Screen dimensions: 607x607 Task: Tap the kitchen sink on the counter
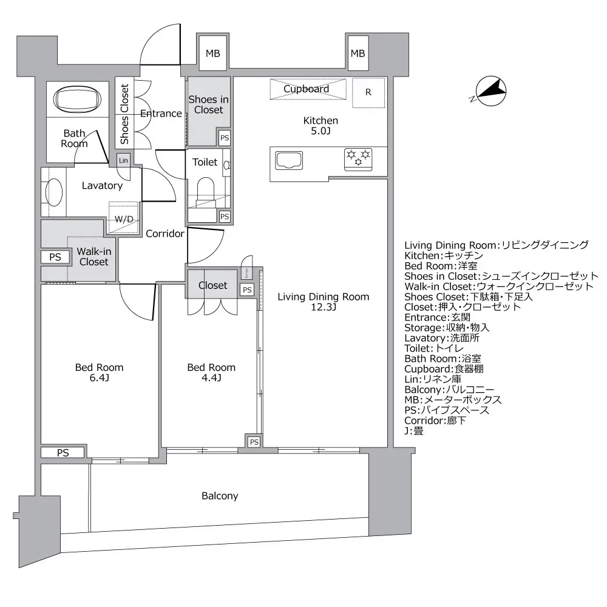click(293, 161)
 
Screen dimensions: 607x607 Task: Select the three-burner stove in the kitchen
click(358, 159)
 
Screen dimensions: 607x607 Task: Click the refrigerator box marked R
click(368, 93)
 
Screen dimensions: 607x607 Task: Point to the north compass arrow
click(492, 91)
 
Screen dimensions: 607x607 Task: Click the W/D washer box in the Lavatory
click(124, 218)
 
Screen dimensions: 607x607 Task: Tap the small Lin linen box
click(124, 160)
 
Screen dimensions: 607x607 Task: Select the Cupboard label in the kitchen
click(307, 89)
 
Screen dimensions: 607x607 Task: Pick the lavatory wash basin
click(55, 193)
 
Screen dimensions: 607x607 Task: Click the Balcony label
click(220, 496)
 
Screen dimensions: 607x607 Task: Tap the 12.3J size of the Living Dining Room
click(323, 308)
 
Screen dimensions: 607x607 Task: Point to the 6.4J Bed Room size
click(99, 378)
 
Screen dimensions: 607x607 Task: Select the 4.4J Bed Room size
click(211, 378)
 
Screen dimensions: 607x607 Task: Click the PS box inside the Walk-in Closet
click(55, 257)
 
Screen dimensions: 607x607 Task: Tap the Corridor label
click(164, 233)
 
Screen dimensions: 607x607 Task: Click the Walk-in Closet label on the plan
click(93, 257)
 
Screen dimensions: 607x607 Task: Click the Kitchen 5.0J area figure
click(320, 131)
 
